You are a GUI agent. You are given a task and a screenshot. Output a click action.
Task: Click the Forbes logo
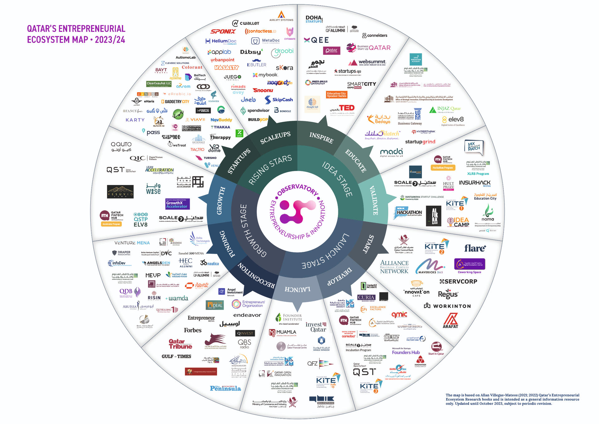click(x=192, y=330)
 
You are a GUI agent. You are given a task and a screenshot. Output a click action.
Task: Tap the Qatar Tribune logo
click(x=180, y=344)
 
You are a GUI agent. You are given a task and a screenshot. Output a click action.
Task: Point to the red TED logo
click(x=347, y=108)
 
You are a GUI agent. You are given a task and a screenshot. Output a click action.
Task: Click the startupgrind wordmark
click(x=420, y=142)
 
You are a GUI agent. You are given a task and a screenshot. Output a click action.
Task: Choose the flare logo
click(x=475, y=248)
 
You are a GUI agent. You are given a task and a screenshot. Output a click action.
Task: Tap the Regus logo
click(x=448, y=294)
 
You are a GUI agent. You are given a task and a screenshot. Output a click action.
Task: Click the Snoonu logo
click(x=263, y=90)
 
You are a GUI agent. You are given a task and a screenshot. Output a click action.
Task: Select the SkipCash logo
click(x=279, y=100)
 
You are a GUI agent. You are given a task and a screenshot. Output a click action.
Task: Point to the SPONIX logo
click(x=223, y=32)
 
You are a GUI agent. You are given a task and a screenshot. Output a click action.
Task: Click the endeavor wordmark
click(x=247, y=315)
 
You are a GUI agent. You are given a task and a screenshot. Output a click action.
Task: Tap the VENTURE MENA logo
click(x=132, y=243)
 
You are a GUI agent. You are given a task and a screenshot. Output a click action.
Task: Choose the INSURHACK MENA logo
click(x=475, y=183)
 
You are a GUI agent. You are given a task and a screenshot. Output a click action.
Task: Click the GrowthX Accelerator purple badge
click(x=177, y=204)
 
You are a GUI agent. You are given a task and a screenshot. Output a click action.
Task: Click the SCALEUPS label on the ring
click(x=275, y=138)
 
